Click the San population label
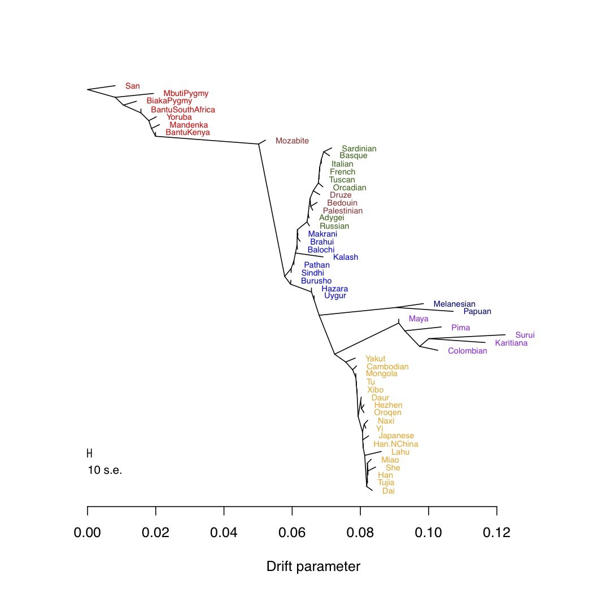(132, 86)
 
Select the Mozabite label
(292, 141)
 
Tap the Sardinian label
(359, 149)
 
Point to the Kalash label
(345, 257)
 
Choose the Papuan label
(477, 311)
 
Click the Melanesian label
(454, 304)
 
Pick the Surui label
(524, 335)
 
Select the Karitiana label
(511, 343)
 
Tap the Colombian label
(467, 351)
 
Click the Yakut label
(375, 359)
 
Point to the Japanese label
(396, 436)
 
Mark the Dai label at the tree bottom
(388, 491)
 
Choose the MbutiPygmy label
(186, 93)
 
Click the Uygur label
(335, 295)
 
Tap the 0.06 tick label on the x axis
(292, 533)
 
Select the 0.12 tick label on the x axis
(496, 533)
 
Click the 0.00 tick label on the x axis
(88, 533)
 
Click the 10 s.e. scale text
(105, 470)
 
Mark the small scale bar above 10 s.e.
(89, 453)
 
